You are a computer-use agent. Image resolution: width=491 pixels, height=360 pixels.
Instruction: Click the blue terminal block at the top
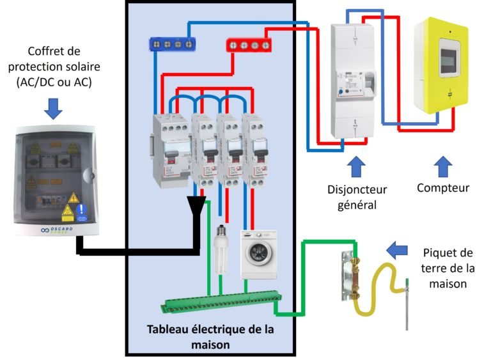pyautogui.click(x=171, y=43)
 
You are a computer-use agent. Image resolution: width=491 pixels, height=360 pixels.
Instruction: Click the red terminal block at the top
pyautogui.click(x=249, y=45)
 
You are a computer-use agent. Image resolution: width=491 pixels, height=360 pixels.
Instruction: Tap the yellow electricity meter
pyautogui.click(x=442, y=66)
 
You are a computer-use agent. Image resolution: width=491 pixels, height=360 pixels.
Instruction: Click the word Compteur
pyautogui.click(x=443, y=188)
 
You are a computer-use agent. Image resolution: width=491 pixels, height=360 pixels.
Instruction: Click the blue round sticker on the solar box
pyautogui.click(x=81, y=209)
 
